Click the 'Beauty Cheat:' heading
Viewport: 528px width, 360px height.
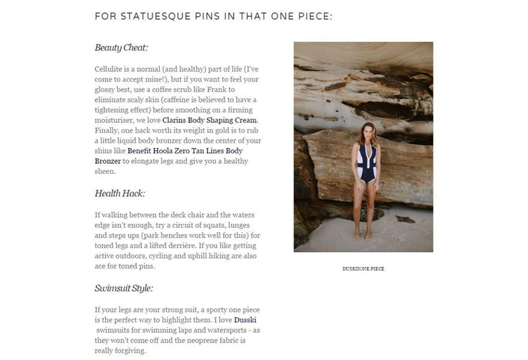[121, 48]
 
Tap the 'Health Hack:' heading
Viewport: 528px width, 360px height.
[119, 194]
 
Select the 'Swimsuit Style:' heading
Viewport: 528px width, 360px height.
[124, 288]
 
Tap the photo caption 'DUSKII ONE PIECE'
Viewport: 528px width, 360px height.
[363, 269]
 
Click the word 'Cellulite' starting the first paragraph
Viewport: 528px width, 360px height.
[110, 68]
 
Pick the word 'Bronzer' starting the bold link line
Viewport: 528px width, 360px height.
[108, 161]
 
